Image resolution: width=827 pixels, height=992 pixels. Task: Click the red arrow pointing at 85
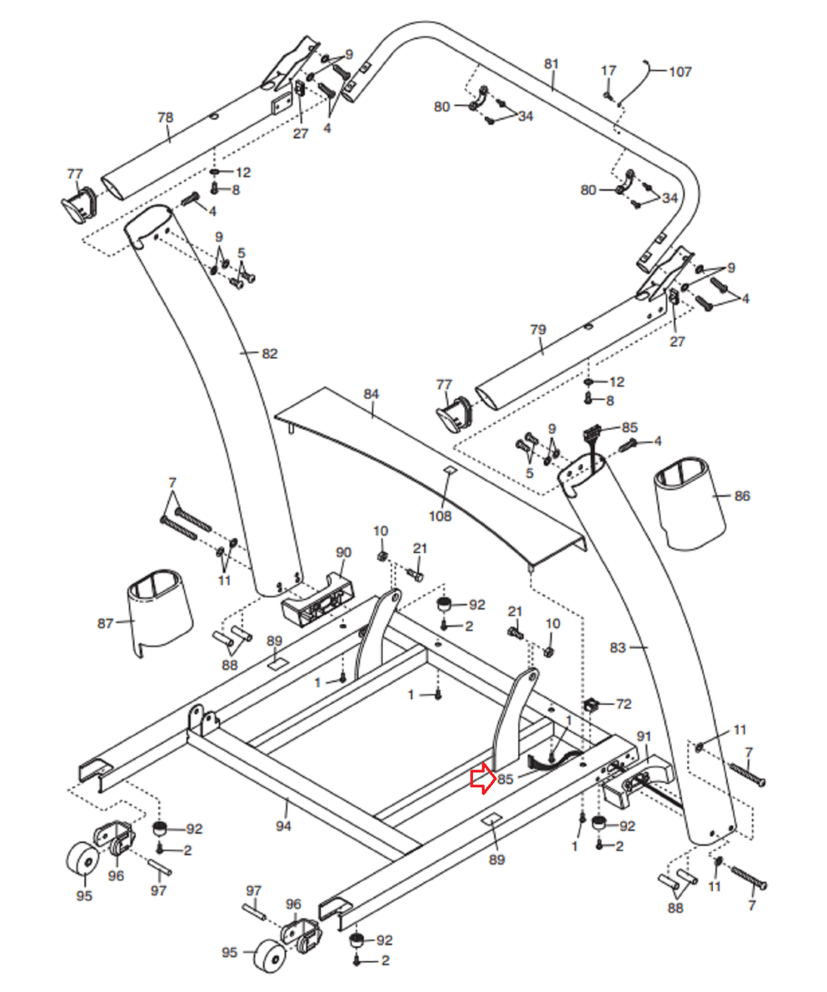coord(482,779)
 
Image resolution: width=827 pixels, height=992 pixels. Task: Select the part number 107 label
coord(680,72)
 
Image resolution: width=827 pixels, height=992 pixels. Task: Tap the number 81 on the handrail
coord(551,64)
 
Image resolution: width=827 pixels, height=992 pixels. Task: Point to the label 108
coord(440,516)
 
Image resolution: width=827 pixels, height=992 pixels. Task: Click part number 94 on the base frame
coord(283,826)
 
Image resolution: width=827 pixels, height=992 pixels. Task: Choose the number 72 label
coord(624,704)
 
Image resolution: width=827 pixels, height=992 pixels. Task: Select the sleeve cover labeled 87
coord(160,613)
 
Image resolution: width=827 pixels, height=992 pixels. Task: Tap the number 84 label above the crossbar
coord(371,394)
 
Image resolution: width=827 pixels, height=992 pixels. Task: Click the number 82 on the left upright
coord(270,353)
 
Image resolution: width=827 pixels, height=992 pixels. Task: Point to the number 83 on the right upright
coord(617,647)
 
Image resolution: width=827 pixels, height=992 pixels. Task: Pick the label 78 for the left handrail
coord(165,117)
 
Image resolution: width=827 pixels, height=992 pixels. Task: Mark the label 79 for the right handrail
coord(538,330)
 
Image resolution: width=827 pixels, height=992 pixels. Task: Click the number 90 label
coord(343,552)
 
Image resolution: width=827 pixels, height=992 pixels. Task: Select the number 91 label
coord(644,736)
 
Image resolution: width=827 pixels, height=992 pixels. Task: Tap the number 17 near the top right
coord(609,71)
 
